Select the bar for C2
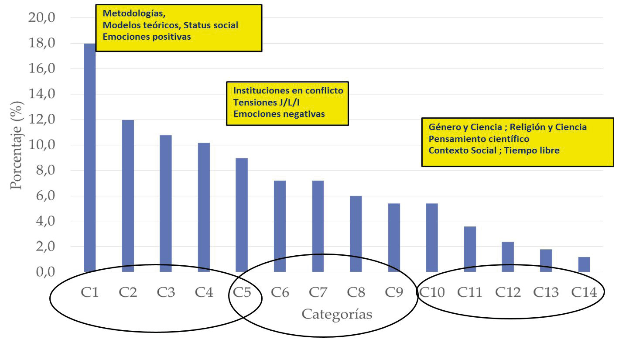tap(128, 196)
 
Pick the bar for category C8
tap(356, 234)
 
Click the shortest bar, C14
tap(584, 265)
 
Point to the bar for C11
tap(470, 249)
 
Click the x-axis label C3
tap(166, 292)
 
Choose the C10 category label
tap(432, 292)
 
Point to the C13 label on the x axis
tap(546, 292)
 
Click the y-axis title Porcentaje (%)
tap(17, 144)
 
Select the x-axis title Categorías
tap(337, 314)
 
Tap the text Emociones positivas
tap(147, 37)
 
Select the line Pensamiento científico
tap(479, 139)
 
